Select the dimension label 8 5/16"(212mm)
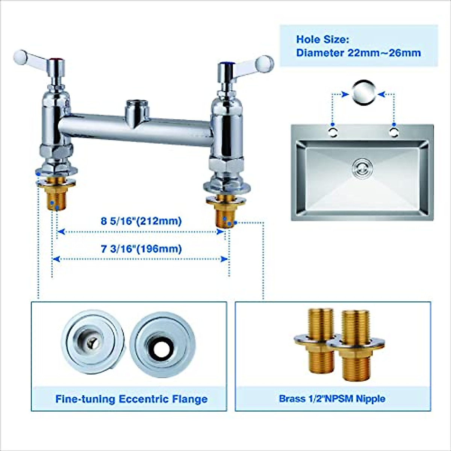(x=141, y=221)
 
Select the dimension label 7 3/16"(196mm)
(x=141, y=249)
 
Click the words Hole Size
(x=322, y=39)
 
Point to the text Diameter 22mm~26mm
(x=358, y=53)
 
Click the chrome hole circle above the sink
(x=363, y=92)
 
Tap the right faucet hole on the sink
(x=393, y=132)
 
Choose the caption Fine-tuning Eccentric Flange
(x=131, y=399)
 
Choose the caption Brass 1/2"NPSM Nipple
(x=332, y=398)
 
